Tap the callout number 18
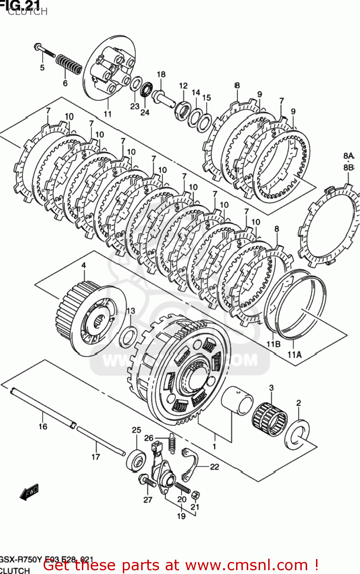[161, 74]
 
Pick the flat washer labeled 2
[297, 435]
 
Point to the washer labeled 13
[128, 337]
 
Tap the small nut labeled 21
[195, 495]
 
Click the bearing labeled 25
[136, 461]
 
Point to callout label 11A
[294, 355]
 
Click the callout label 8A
[349, 156]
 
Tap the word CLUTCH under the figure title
[28, 11]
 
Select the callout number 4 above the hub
[83, 266]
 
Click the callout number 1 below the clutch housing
[214, 446]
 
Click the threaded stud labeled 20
[182, 488]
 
